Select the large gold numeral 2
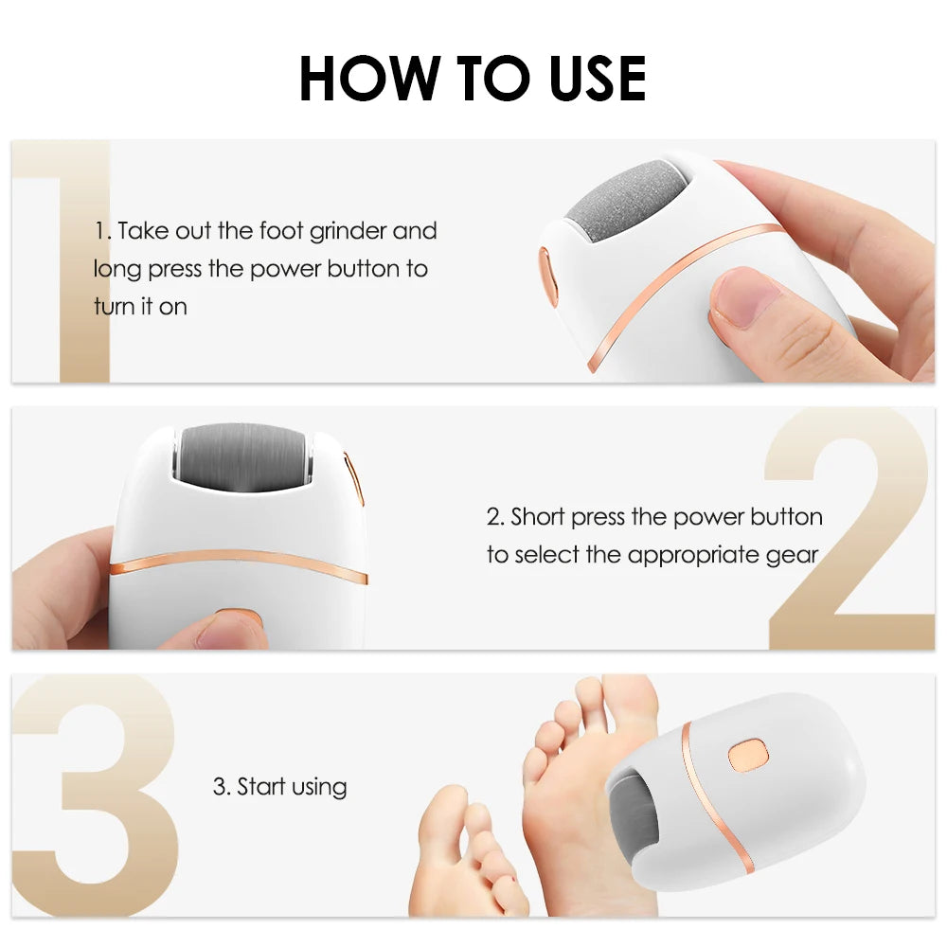click(x=849, y=530)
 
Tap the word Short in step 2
click(x=539, y=517)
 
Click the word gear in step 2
click(x=794, y=555)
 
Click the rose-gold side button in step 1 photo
click(x=547, y=275)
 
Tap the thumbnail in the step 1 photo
click(x=736, y=295)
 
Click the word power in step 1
click(x=285, y=269)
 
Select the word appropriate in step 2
click(x=688, y=555)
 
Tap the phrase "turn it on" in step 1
click(x=140, y=307)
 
